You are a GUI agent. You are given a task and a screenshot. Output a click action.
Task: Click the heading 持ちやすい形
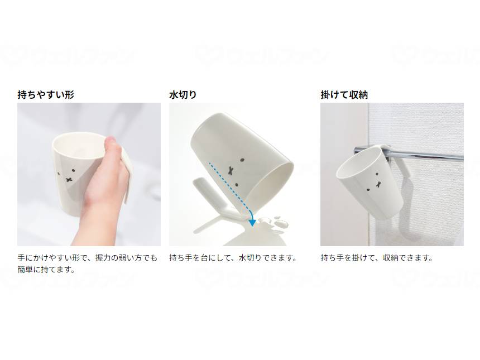pyautogui.click(x=46, y=95)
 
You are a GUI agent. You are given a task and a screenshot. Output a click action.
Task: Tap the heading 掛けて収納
pyautogui.click(x=344, y=95)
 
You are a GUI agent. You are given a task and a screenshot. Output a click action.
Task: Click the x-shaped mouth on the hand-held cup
pyautogui.click(x=69, y=179)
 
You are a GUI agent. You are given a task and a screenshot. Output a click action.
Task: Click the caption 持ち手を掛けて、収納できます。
pyautogui.click(x=377, y=258)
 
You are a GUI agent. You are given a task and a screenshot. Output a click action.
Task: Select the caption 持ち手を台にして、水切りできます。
pyautogui.click(x=233, y=258)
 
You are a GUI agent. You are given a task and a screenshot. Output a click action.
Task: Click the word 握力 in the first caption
pyautogui.click(x=94, y=258)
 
